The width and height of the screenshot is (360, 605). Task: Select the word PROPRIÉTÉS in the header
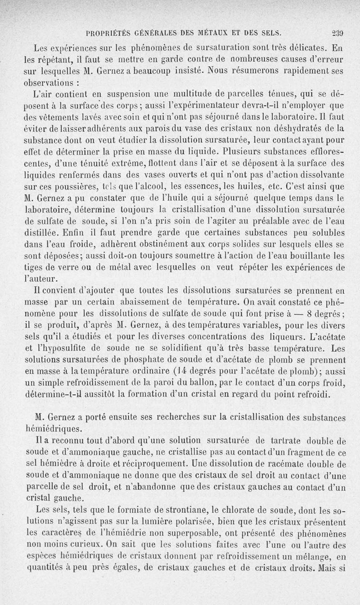click(107, 32)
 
